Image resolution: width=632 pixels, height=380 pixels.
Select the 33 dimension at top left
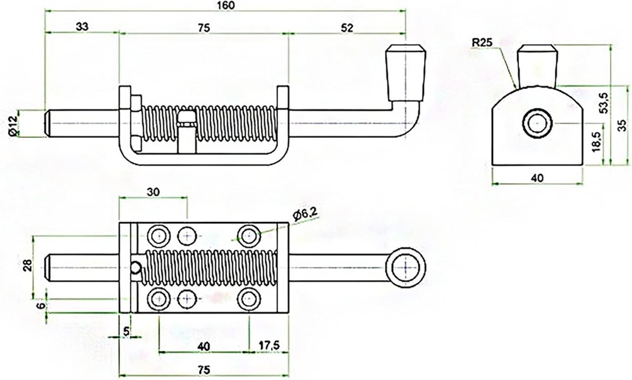click(x=81, y=27)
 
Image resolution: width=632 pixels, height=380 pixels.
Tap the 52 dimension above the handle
click(x=346, y=27)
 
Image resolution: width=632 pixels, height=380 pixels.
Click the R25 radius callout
click(x=482, y=44)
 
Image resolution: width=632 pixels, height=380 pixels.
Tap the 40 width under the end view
click(x=537, y=178)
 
